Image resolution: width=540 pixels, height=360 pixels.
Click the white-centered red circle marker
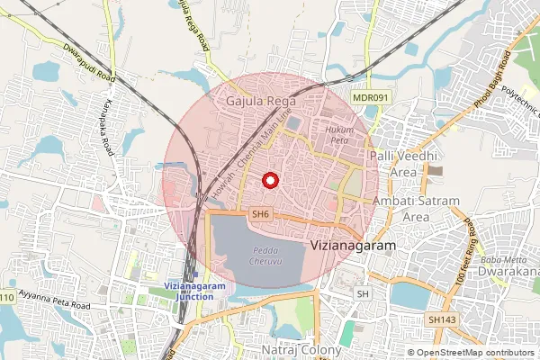coord(268,180)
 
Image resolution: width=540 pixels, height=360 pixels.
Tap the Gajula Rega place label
coord(256,100)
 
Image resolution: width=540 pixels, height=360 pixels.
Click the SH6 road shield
coord(260,214)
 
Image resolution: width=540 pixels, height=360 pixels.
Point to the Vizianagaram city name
coord(352,244)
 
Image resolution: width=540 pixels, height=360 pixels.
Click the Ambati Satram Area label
coord(415,208)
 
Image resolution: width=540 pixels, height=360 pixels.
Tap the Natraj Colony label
coord(301,349)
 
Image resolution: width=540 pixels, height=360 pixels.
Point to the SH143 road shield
coord(441,319)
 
